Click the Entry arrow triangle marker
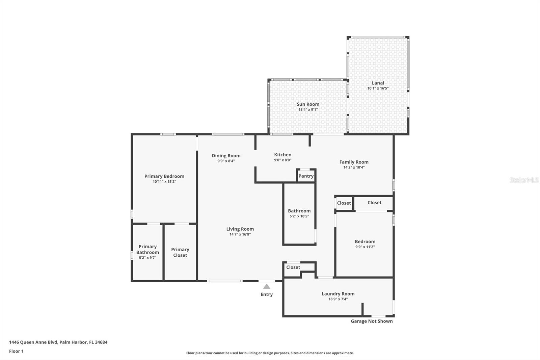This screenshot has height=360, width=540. pos(267,287)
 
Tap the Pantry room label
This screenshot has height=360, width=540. pos(306,176)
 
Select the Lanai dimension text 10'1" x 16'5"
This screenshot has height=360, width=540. pos(378,88)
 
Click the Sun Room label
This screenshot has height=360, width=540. pos(308,104)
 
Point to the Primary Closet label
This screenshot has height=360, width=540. pos(180,252)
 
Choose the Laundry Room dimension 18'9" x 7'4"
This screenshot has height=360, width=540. pos(338,299)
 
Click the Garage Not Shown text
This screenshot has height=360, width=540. pos(372,321)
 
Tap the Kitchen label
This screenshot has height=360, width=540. pos(282,155)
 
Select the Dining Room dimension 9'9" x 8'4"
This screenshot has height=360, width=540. pos(226,161)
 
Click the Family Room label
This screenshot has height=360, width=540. pos(354,162)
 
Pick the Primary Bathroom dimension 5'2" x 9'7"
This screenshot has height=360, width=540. pos(147,258)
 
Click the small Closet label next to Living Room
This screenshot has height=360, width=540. pos(293,267)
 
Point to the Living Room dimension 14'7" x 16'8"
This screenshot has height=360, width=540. pos(240,234)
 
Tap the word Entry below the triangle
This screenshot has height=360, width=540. pos(267,294)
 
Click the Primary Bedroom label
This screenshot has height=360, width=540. pos(164,176)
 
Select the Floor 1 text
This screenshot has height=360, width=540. pos(16,351)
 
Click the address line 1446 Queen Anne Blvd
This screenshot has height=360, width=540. pos(58,342)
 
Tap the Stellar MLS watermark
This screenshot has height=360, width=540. pos(524,180)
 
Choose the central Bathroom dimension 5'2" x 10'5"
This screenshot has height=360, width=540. pos(299,216)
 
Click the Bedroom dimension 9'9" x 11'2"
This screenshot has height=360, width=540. pos(365,247)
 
